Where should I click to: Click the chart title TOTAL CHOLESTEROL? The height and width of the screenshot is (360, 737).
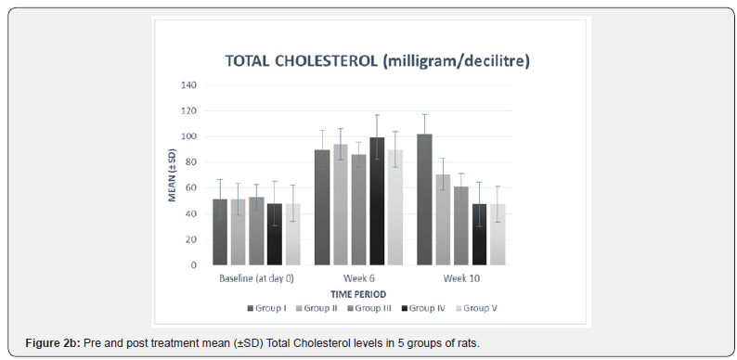pos(376,61)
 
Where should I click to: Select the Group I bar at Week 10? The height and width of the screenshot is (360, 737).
pos(424,199)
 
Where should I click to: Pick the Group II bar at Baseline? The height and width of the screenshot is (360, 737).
pos(238,232)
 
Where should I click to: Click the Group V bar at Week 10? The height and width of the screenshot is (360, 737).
pos(498,234)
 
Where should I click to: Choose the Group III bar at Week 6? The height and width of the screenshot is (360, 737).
pos(358,210)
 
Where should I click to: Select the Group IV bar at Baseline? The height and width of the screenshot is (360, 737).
pos(274,234)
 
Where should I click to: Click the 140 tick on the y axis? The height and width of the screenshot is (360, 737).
pos(188,85)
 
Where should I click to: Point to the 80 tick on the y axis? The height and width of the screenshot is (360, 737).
pos(191,162)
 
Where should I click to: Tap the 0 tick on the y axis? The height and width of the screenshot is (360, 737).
pos(194,265)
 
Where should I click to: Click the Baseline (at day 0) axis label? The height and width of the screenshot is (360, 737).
pos(256,278)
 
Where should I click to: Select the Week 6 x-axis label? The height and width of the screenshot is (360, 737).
pos(358,278)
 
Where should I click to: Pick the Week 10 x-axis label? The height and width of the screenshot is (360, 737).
pos(460,278)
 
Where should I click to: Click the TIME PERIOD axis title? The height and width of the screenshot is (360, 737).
pos(358,292)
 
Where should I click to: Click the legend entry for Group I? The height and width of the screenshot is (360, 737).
pos(267,307)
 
